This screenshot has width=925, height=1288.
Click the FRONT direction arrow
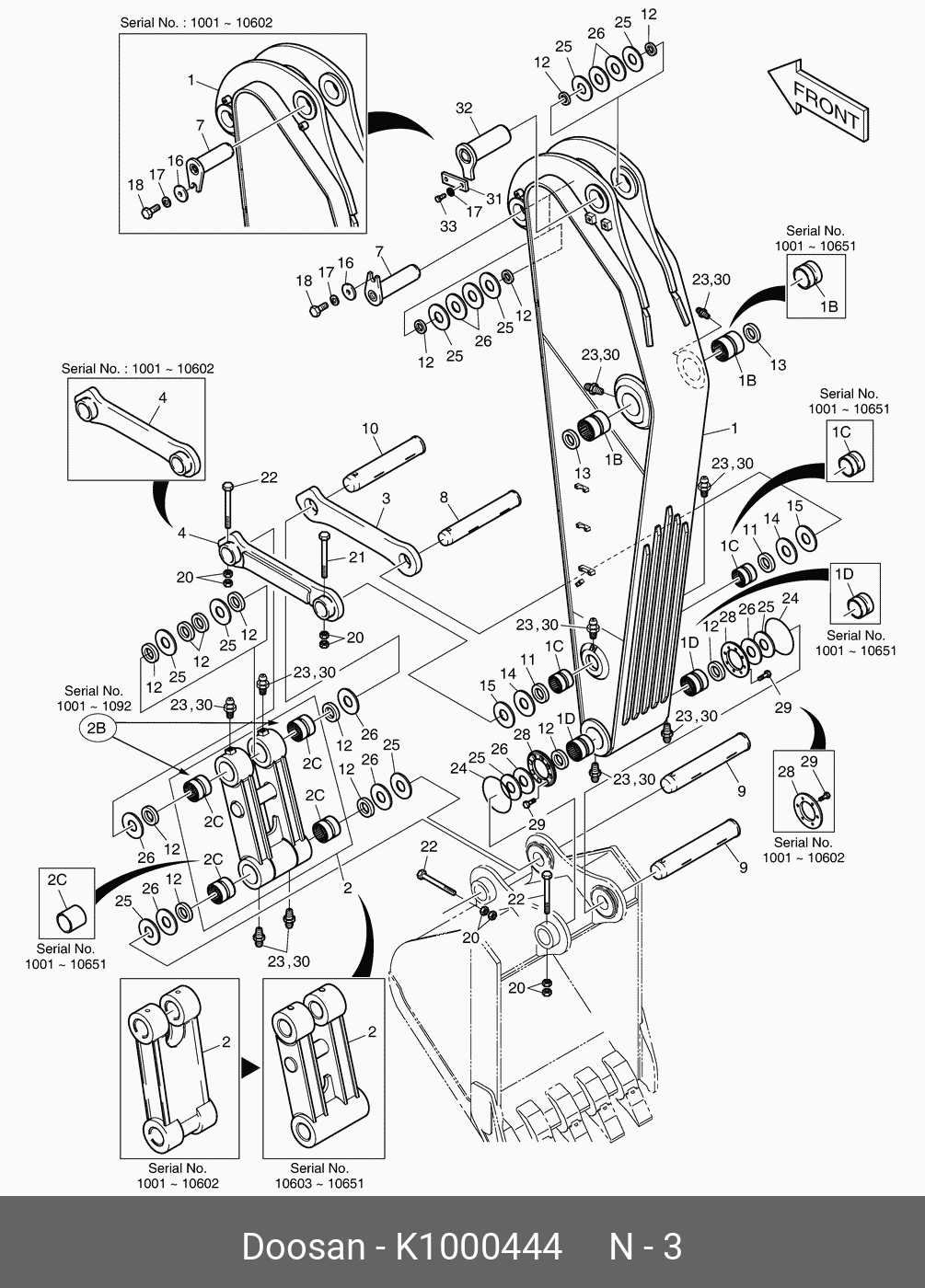pos(818,100)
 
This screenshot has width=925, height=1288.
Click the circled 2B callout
pos(96,728)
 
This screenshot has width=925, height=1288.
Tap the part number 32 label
pos(464,109)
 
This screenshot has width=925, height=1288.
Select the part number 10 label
pos(370,429)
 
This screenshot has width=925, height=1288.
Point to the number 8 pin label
pos(444,497)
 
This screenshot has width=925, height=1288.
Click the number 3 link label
pos(386,499)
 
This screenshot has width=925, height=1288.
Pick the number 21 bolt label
pos(357,558)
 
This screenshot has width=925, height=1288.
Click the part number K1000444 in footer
pos(479,1248)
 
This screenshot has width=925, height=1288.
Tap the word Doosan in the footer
pos(303,1248)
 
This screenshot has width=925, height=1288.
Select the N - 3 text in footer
pos(645,1248)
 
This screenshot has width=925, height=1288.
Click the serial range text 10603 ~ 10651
pos(319,1183)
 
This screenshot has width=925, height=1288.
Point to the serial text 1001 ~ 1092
pos(94,706)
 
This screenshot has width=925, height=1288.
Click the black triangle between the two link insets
pos(250,1067)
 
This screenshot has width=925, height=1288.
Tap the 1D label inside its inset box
pos(844,574)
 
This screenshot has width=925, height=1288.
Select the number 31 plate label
pos(493,199)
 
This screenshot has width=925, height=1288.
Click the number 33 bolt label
pos(448,226)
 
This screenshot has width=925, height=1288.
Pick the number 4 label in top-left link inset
pos(163,397)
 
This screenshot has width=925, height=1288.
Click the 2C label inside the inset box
pos(57,880)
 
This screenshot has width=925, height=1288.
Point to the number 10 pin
pos(385,464)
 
